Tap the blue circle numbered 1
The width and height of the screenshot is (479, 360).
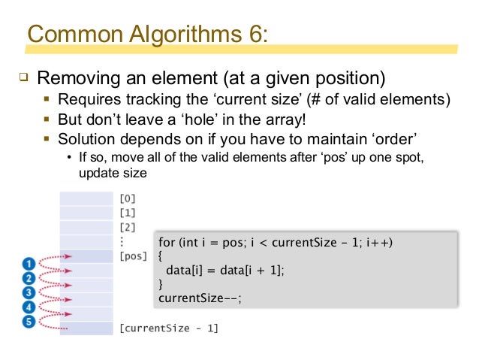[x=29, y=264]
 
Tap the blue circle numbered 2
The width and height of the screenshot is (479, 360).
[x=29, y=278]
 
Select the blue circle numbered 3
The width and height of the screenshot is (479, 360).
[x=29, y=292]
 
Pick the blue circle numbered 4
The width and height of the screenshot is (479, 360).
[x=29, y=307]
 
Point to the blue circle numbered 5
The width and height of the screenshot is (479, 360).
[x=29, y=322]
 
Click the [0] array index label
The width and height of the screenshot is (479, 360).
[x=127, y=198]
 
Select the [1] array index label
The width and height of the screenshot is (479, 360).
[x=127, y=213]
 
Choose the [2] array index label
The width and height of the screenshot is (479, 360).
[x=127, y=227]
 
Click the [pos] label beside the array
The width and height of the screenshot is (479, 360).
[x=133, y=256]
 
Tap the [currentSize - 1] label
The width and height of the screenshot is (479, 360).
[x=169, y=328]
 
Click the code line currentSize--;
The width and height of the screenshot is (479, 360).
[x=200, y=298]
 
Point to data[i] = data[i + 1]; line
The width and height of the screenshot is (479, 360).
[x=226, y=270]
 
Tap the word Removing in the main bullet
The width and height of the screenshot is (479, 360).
[x=74, y=78]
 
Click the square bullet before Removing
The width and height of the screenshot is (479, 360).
[x=22, y=77]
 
